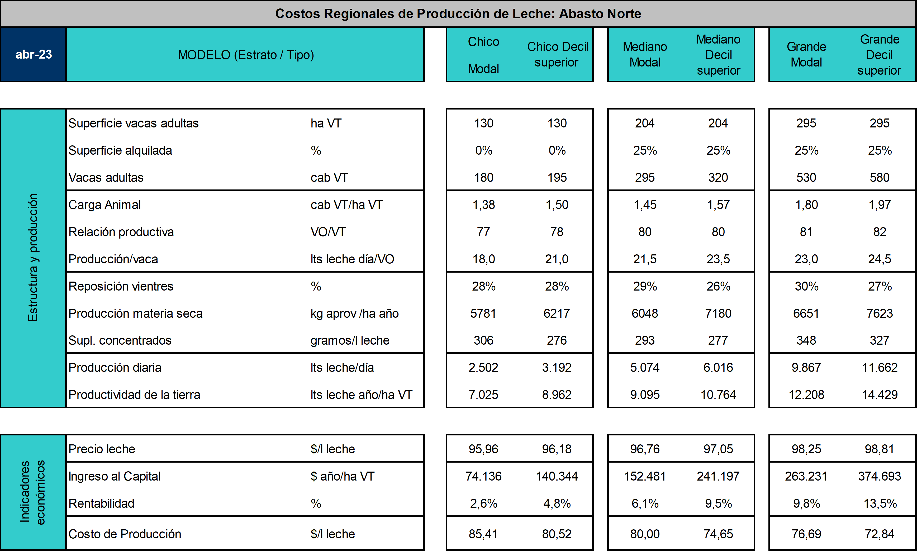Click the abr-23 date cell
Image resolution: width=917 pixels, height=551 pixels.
[34, 55]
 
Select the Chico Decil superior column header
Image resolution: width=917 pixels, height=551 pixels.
[558, 55]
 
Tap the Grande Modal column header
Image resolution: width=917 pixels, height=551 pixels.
[806, 55]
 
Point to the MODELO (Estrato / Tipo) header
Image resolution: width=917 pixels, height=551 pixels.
[246, 55]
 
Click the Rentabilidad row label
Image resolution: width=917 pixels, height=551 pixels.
[101, 503]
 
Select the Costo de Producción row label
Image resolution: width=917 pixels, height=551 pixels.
[125, 534]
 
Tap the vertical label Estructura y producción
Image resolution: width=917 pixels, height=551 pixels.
[33, 258]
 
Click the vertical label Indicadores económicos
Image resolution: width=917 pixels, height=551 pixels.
[33, 492]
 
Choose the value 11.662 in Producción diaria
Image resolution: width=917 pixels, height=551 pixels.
[880, 368]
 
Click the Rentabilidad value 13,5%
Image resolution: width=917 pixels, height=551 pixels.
[880, 503]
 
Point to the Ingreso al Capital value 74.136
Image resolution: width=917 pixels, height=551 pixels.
[483, 476]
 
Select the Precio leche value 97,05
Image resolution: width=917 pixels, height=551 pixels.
[718, 449]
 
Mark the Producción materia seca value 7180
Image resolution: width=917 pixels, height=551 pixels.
[718, 313]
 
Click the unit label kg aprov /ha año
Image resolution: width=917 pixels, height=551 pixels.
[355, 313]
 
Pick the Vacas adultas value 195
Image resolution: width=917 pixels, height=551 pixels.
[557, 178]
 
